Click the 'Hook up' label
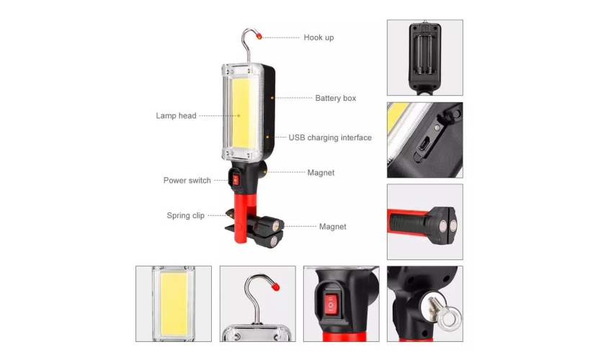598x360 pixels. tap(318, 37)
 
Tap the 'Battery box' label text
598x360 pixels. tap(335, 98)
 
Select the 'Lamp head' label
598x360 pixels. tap(176, 115)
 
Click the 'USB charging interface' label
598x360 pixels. tap(330, 138)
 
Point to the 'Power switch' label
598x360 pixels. tap(187, 180)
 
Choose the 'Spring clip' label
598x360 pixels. tap(185, 215)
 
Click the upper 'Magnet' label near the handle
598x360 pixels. tap(321, 173)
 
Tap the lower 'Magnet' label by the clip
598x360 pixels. tap(333, 227)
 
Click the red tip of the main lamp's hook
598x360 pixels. tap(259, 36)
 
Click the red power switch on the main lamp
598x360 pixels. tap(236, 180)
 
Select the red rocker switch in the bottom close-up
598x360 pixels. tap(331, 305)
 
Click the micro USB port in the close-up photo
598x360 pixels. tap(424, 145)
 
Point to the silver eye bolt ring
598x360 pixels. tap(450, 316)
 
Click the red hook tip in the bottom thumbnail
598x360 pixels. tap(275, 286)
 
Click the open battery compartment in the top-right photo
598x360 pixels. tap(425, 54)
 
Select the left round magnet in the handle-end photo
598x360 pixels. tap(442, 227)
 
